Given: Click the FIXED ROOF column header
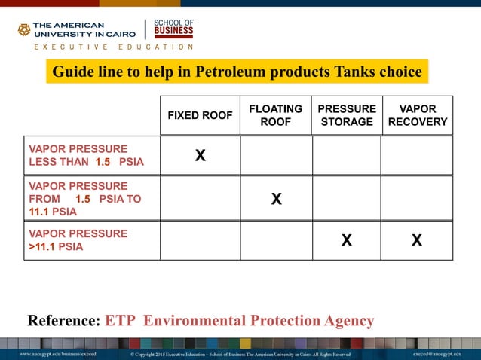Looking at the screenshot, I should (x=199, y=115).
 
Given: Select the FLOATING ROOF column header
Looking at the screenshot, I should (x=275, y=115).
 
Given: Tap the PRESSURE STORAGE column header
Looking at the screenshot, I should (x=347, y=115).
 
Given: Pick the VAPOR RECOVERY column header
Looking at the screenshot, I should (x=418, y=115).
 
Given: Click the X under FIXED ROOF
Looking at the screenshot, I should (x=200, y=156).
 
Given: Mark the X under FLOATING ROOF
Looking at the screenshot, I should (x=277, y=199).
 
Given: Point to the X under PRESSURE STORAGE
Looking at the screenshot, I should (x=346, y=240).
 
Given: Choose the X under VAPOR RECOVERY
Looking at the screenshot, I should (x=417, y=240).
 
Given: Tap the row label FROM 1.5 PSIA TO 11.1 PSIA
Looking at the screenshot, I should (x=84, y=199).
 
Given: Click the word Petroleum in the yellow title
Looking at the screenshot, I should (x=229, y=72).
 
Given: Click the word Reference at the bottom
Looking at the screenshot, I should (x=63, y=321).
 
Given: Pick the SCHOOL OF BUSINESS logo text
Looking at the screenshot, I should (x=173, y=29).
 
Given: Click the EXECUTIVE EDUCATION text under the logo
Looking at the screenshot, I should (x=113, y=47).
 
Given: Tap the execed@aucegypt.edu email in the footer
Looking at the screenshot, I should (x=437, y=354).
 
